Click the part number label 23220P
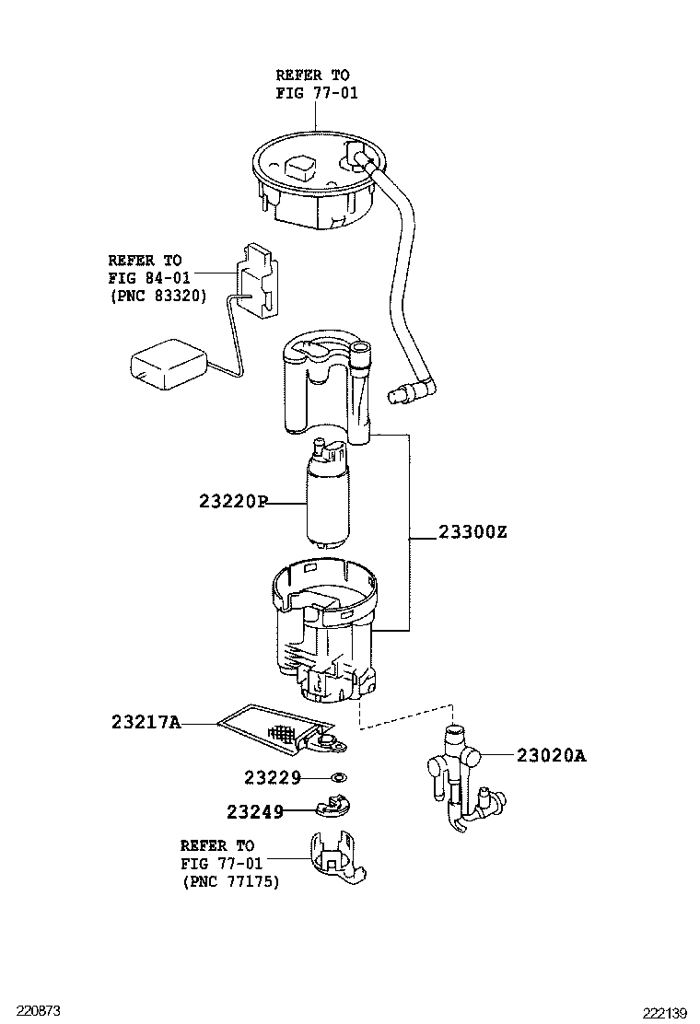click(232, 503)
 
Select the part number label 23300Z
click(472, 532)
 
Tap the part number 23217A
click(146, 725)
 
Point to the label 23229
click(273, 778)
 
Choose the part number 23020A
click(551, 756)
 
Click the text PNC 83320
click(157, 296)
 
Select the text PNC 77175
click(229, 881)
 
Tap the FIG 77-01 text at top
click(316, 92)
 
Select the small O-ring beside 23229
click(338, 778)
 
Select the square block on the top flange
click(300, 167)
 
